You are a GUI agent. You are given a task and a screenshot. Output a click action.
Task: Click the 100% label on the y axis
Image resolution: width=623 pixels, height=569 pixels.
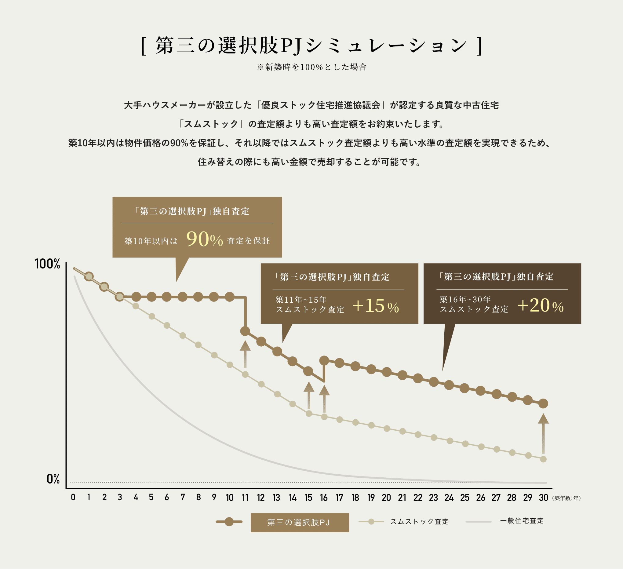48,264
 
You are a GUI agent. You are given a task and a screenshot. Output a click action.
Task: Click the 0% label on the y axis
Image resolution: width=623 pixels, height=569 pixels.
53,479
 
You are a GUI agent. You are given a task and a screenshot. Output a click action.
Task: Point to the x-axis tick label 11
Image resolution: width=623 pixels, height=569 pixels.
245,498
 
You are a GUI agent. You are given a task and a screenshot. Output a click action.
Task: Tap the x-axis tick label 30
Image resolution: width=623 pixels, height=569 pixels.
543,498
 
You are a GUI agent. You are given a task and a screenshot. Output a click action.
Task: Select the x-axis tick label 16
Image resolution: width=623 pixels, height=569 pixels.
323,498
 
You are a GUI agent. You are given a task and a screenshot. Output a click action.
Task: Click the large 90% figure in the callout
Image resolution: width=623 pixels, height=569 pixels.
204,239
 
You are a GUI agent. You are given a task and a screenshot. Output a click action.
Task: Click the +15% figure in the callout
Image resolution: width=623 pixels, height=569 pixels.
375,306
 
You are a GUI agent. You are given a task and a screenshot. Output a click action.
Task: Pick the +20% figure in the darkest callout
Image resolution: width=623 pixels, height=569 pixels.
540,306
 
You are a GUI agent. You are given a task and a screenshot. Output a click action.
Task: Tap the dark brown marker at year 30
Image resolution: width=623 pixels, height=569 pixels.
543,404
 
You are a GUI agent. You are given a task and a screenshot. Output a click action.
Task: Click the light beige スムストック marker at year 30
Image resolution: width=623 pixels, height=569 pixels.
543,459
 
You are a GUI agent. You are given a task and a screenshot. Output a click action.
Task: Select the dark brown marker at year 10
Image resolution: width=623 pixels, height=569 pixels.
229,297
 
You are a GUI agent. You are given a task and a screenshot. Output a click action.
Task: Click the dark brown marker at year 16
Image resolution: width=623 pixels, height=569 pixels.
324,360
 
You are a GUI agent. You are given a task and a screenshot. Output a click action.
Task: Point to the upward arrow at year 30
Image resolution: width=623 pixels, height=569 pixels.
543,433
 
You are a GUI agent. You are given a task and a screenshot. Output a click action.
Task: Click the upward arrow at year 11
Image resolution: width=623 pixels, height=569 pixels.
245,354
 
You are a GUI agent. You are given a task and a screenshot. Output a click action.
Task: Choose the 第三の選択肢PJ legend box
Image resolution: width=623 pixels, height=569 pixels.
300,523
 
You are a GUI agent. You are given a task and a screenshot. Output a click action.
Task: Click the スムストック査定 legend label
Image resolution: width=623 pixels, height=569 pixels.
419,522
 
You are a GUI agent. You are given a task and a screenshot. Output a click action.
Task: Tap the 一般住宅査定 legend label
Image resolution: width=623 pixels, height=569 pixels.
522,521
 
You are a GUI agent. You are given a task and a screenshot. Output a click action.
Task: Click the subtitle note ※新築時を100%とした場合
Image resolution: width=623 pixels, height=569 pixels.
311,67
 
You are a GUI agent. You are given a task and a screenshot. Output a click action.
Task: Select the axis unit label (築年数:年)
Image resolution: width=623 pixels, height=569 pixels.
566,498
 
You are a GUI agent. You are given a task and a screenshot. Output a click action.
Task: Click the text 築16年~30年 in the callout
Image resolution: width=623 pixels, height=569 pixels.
465,300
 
